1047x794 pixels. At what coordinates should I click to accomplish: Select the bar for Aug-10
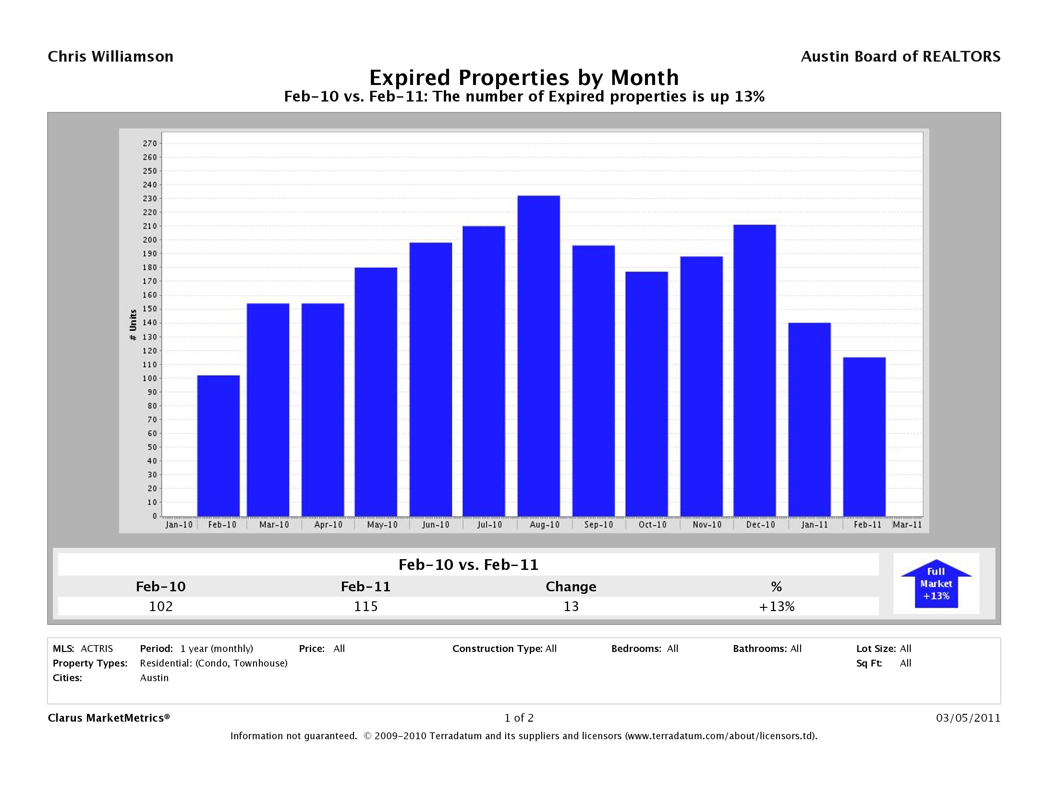(x=539, y=356)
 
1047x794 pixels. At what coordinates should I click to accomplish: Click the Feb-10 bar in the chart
(x=218, y=446)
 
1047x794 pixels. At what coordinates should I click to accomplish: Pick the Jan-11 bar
(x=810, y=420)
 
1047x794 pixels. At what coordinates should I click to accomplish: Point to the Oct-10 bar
(x=647, y=394)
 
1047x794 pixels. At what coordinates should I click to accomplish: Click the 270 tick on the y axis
(x=150, y=143)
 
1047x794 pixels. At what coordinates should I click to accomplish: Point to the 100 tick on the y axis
(x=150, y=379)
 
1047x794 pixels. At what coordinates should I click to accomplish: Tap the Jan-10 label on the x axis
(x=179, y=525)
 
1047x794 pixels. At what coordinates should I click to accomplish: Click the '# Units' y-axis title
(x=133, y=325)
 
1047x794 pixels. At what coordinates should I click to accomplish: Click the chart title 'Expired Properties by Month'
(x=524, y=78)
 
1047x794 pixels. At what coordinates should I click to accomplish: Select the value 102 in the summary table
(x=161, y=606)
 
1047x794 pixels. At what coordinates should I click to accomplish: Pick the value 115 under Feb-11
(x=366, y=606)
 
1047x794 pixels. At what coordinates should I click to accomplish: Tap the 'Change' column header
(x=571, y=587)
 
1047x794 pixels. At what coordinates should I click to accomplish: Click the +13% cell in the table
(x=776, y=606)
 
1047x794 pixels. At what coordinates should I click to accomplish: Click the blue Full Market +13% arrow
(x=936, y=584)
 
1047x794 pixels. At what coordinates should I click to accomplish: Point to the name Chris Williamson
(x=111, y=57)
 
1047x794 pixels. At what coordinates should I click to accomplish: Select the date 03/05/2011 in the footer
(x=968, y=718)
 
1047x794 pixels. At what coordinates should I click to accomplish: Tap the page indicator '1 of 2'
(x=519, y=718)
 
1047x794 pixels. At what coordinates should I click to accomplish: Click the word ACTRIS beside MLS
(x=97, y=649)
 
